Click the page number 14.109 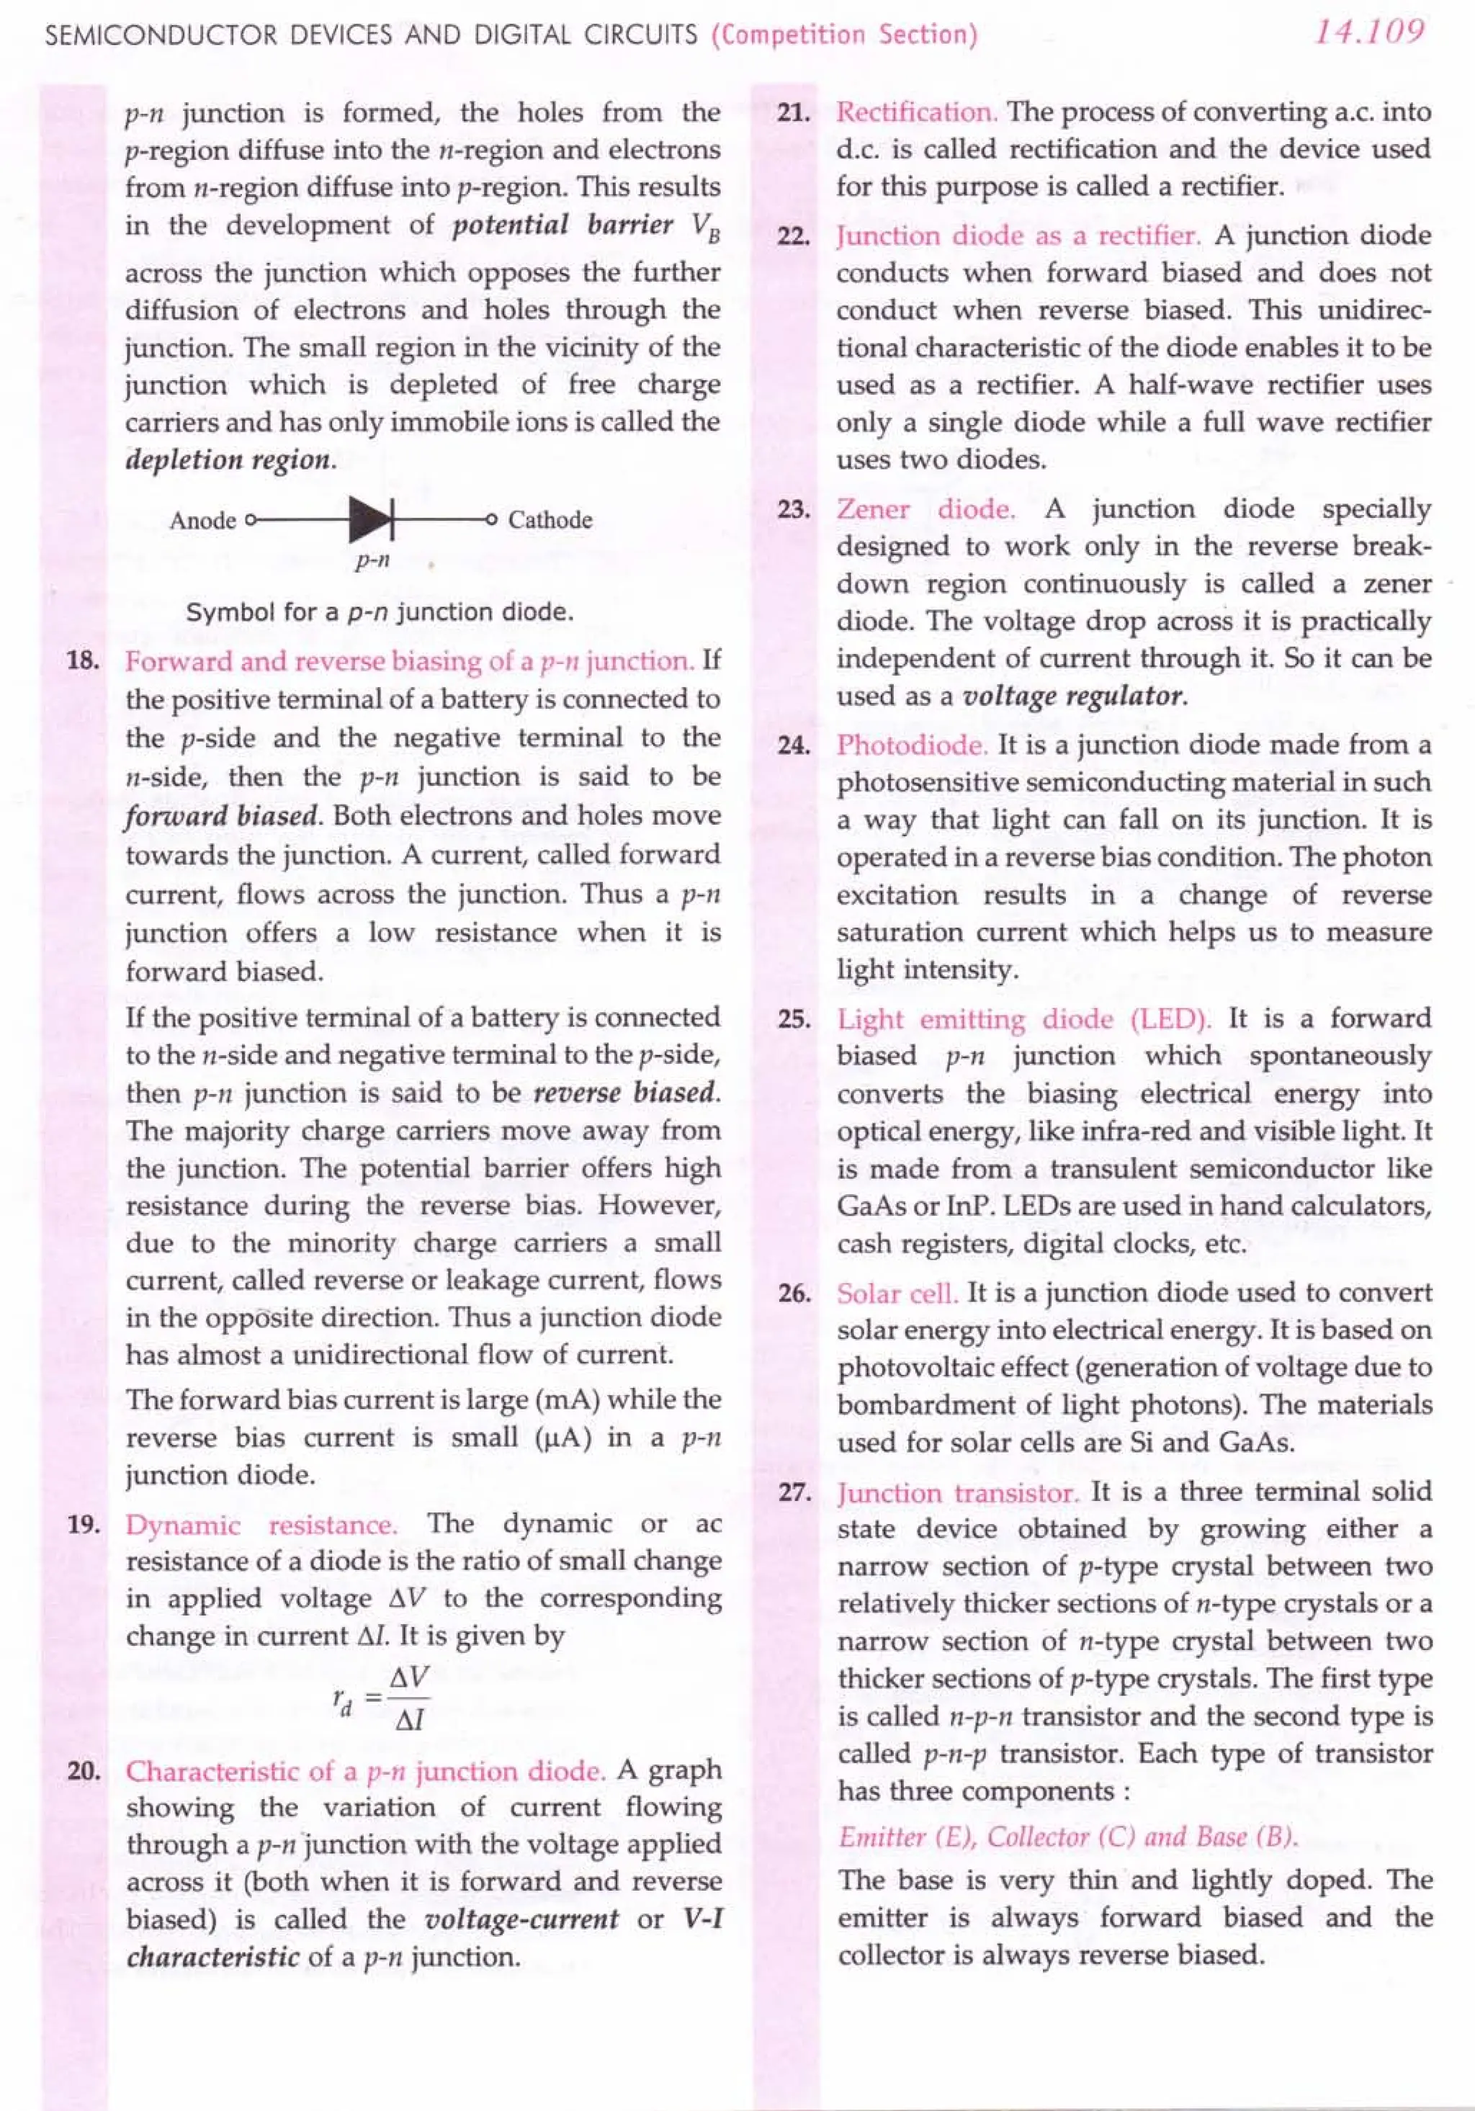tap(1368, 33)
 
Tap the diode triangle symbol tap(371, 519)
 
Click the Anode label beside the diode tap(202, 521)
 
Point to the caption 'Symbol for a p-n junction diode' tap(380, 612)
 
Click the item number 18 tap(84, 661)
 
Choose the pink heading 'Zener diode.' tap(925, 508)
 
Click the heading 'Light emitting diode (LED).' tap(1023, 1018)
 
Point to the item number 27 tap(794, 1492)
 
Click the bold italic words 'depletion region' tap(229, 460)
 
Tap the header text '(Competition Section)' tap(843, 35)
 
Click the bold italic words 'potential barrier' tap(562, 225)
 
